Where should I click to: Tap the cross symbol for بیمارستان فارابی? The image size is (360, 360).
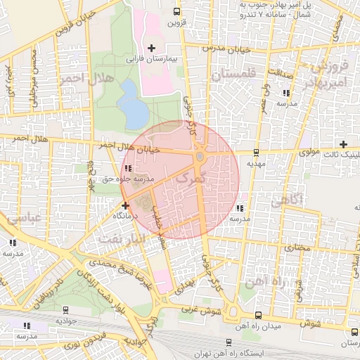151,48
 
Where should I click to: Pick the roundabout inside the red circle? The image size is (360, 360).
200,156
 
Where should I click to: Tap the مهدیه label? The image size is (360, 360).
255,162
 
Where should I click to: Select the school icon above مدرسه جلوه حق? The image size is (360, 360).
127,167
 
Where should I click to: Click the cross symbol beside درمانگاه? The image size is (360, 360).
125,206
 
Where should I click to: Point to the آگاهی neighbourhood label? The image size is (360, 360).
286,199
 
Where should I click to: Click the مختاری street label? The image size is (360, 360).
295,247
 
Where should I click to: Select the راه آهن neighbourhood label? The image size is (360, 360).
266,281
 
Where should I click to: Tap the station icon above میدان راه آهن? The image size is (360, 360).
258,314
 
